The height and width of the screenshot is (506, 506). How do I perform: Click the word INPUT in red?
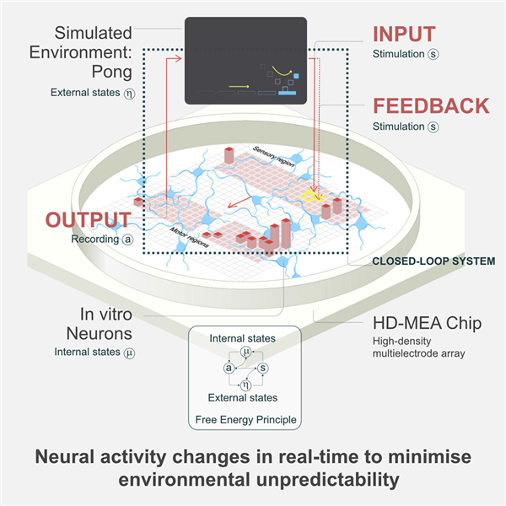[404, 34]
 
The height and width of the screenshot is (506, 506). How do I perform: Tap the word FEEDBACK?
[431, 106]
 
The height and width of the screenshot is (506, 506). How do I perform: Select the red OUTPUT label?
[88, 220]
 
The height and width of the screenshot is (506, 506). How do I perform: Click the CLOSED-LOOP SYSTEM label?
[433, 261]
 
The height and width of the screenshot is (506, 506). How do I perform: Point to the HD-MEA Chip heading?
[427, 323]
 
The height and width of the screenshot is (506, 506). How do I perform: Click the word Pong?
[112, 72]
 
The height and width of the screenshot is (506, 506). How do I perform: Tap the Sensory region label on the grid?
[273, 157]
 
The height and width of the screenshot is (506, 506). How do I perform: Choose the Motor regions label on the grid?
[190, 238]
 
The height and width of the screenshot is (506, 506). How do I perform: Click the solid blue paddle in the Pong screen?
[288, 94]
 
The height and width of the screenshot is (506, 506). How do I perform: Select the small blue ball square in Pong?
[296, 76]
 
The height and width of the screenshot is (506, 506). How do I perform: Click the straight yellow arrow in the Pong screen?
[239, 87]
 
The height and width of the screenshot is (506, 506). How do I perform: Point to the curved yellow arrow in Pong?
[282, 72]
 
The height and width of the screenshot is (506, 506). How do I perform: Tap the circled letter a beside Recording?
[128, 240]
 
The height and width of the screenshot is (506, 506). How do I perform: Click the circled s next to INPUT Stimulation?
[433, 54]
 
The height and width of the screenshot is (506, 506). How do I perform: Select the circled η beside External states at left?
[129, 94]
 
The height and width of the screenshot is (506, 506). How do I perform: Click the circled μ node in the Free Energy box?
[246, 352]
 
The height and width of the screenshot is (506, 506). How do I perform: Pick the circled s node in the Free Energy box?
[263, 368]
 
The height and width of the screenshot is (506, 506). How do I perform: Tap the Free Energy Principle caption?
[246, 419]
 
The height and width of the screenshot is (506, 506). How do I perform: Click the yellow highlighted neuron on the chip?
[312, 196]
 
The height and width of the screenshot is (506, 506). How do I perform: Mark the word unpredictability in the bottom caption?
[328, 480]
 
